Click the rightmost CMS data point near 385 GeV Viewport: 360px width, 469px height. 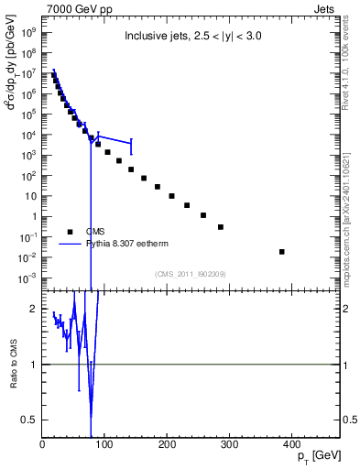tap(281, 252)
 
